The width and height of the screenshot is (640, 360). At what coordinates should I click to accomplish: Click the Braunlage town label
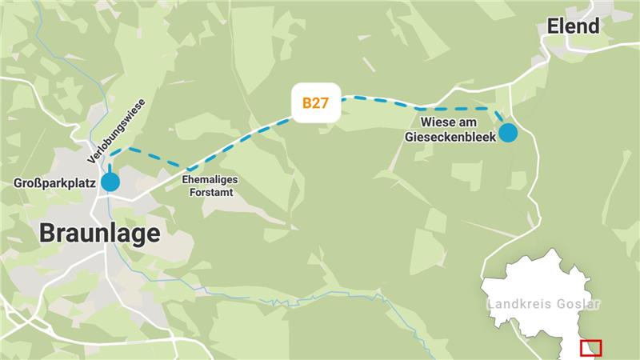click(x=100, y=234)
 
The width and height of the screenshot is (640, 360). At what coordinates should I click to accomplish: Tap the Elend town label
click(x=573, y=26)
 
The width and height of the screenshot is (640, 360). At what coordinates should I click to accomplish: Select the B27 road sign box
click(x=317, y=103)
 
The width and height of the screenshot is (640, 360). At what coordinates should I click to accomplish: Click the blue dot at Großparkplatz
click(x=110, y=182)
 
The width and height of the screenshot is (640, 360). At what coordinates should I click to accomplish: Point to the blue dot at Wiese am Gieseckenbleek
click(x=508, y=133)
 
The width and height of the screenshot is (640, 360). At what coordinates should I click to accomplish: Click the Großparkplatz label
click(x=55, y=184)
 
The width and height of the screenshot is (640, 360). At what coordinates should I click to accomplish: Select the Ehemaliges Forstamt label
click(x=210, y=186)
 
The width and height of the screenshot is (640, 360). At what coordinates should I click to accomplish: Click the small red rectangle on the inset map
click(x=591, y=348)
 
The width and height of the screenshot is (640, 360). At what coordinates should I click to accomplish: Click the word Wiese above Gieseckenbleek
click(x=438, y=123)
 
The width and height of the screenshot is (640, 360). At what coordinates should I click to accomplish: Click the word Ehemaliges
click(x=210, y=179)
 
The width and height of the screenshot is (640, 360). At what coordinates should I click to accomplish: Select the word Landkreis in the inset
click(x=515, y=305)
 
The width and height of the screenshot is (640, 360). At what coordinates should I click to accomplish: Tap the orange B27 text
click(x=317, y=103)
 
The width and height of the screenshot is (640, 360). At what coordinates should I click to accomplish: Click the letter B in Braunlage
click(x=47, y=234)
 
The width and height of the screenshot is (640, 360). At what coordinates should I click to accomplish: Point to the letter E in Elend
click(x=553, y=26)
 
